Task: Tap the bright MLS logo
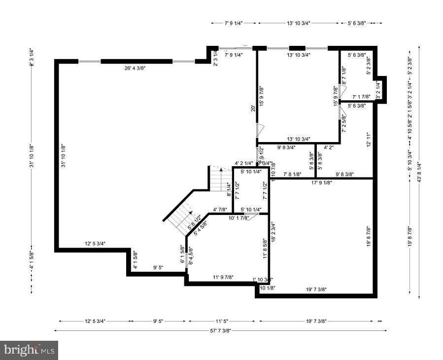29,350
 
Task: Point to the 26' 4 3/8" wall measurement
135,68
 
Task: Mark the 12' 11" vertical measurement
368,139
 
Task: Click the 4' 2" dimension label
329,147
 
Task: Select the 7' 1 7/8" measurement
362,97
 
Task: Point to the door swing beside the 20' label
260,131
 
